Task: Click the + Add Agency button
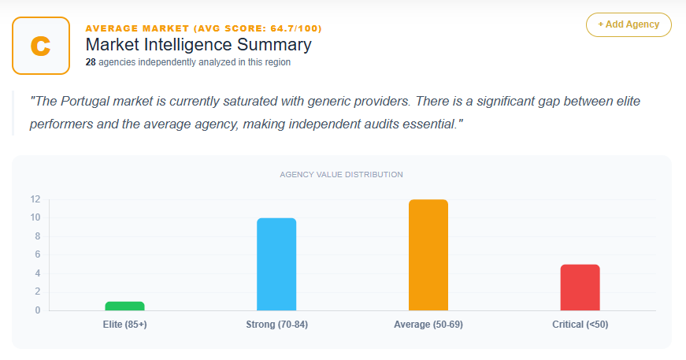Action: [629, 24]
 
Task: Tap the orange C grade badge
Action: [41, 46]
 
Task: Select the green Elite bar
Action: [124, 306]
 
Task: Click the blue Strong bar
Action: [276, 264]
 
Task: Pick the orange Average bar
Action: [428, 254]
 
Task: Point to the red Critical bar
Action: [580, 287]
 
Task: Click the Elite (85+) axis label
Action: [124, 325]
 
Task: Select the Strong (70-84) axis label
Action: [276, 325]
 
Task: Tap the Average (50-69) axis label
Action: [428, 325]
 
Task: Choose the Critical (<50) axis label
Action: [580, 325]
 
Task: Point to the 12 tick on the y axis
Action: [35, 199]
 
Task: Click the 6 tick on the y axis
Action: [37, 254]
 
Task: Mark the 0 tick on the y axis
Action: [37, 310]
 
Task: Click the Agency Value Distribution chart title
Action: [342, 174]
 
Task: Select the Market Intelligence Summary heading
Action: [198, 45]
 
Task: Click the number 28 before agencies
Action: [91, 62]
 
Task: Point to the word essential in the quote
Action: [426, 125]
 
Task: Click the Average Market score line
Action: [203, 28]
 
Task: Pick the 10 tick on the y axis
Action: [35, 217]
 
